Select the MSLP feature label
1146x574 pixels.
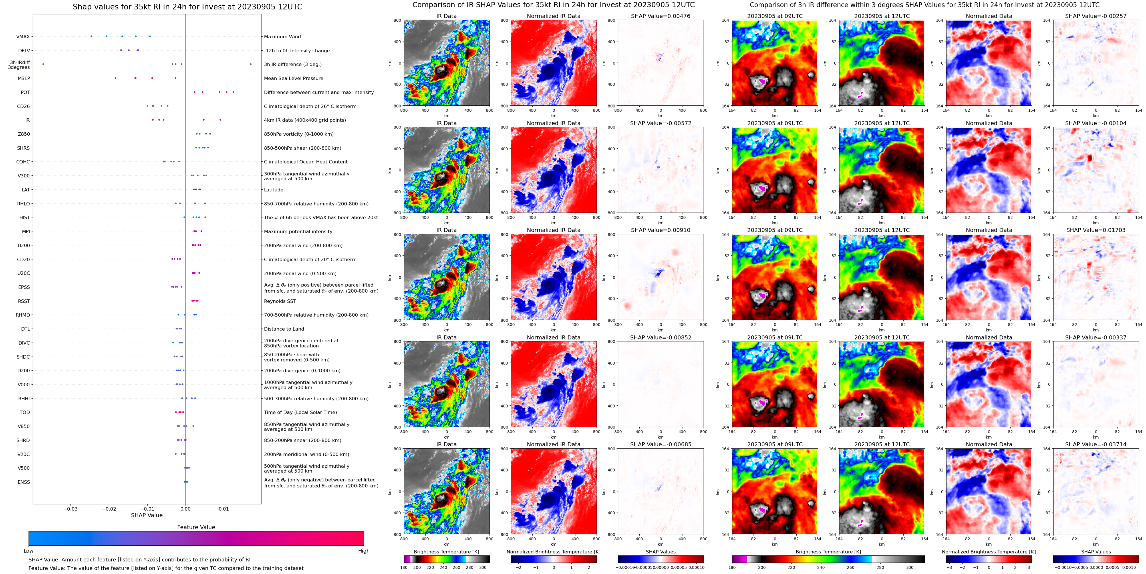click(24, 78)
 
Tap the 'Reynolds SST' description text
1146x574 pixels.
click(279, 301)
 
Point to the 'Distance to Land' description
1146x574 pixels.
click(284, 329)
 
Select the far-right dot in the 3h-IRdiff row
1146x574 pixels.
click(251, 64)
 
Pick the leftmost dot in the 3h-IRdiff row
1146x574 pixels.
click(43, 64)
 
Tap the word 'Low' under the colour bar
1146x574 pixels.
click(29, 551)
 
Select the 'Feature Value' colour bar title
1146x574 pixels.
click(196, 527)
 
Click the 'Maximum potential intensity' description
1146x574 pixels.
click(298, 231)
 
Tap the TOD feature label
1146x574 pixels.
click(25, 412)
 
